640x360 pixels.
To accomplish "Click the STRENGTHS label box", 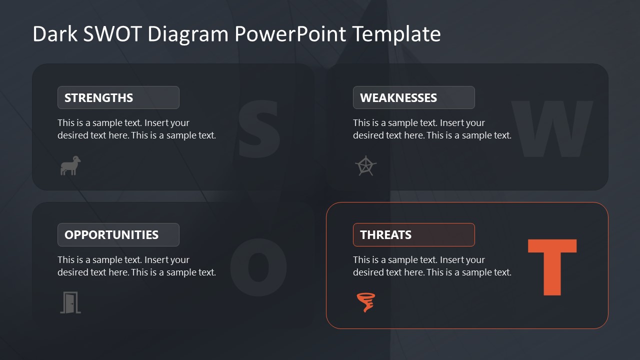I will coord(118,97).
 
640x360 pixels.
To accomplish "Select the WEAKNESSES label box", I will coord(413,97).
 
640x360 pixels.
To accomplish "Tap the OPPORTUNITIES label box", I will coord(118,234).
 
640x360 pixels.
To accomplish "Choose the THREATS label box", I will coord(413,234).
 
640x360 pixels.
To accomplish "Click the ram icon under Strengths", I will coord(70,165).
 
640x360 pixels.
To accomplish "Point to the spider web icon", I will coord(365,166).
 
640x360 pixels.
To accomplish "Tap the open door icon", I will coord(70,302).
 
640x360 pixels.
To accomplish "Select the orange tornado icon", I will coord(366,302).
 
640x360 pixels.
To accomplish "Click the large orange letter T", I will coord(552,267).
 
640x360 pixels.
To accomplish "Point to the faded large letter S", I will coord(258,127).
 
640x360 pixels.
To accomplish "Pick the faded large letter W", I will coord(552,128).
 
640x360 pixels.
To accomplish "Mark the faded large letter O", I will coord(258,266).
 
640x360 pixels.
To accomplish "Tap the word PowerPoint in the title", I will coord(290,34).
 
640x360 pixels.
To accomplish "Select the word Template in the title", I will coord(396,34).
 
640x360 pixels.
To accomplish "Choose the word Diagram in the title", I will coord(188,34).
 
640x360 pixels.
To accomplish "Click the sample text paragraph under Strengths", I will coord(136,129).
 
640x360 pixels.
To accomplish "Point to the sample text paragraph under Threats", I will coord(432,266).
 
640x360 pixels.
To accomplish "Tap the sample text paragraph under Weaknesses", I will coord(432,129).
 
